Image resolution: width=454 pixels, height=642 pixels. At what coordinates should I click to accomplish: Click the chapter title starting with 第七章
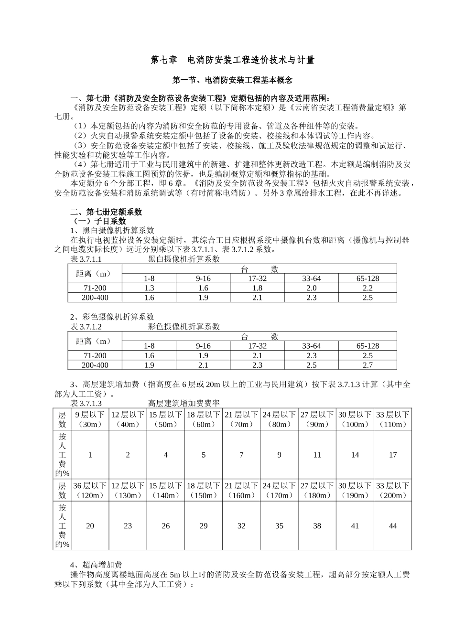[x=232, y=60]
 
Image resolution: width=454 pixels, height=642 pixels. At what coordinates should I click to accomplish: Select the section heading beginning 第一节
[x=232, y=80]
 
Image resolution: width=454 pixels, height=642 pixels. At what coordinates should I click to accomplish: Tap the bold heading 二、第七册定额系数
[x=106, y=212]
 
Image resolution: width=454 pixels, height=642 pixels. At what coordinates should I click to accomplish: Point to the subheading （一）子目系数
[x=98, y=221]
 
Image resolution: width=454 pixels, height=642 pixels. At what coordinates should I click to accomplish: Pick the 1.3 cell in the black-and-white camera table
[x=149, y=288]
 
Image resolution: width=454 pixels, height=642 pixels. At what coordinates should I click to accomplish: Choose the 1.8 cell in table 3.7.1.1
[x=258, y=288]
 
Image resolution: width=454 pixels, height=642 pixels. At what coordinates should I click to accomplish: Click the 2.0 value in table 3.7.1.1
[x=312, y=288]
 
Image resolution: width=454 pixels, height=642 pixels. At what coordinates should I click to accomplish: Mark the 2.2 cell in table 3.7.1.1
[x=368, y=288]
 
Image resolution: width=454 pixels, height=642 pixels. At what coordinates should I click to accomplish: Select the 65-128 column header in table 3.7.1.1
[x=368, y=278]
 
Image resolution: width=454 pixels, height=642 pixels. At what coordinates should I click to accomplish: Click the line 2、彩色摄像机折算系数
[x=112, y=317]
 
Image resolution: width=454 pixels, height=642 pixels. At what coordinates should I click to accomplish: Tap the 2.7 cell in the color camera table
[x=368, y=365]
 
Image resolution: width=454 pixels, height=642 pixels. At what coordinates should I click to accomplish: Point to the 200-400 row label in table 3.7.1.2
[x=95, y=365]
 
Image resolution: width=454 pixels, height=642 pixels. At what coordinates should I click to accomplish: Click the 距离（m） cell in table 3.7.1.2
[x=94, y=342]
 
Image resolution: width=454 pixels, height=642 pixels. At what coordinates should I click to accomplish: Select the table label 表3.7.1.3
[x=86, y=404]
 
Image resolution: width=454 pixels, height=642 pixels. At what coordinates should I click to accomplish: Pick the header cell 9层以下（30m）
[x=90, y=419]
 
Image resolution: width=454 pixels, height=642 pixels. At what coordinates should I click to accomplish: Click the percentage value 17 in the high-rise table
[x=393, y=455]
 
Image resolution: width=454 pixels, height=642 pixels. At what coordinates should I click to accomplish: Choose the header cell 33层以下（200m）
[x=393, y=491]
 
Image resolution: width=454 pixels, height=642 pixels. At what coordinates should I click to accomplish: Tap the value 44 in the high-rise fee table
[x=393, y=526]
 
